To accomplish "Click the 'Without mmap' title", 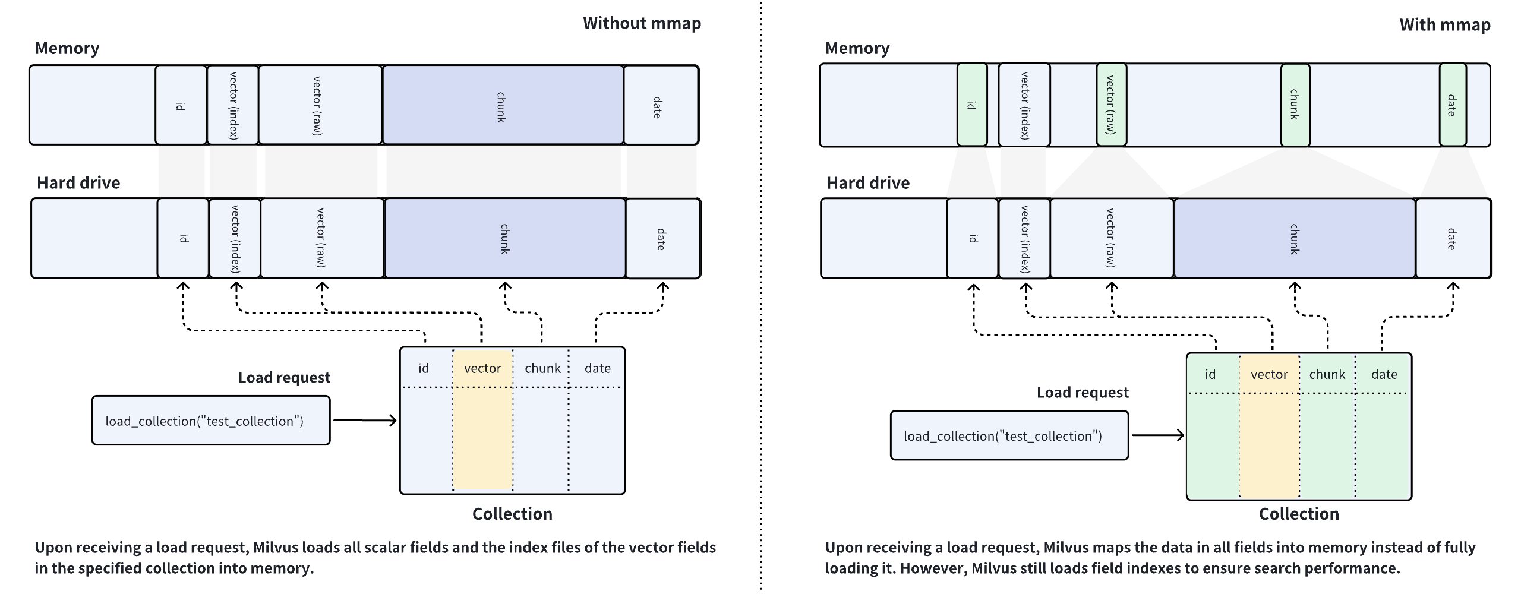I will [642, 23].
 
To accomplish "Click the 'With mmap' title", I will [1444, 25].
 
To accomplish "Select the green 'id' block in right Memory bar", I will [972, 105].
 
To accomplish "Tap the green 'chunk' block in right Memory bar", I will [1295, 105].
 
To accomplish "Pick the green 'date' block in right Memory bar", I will [1452, 105].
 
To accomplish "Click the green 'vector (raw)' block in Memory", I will [1110, 105].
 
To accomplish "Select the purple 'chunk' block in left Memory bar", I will [503, 105].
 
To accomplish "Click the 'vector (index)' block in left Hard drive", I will [235, 238].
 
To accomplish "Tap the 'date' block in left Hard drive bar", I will [662, 238].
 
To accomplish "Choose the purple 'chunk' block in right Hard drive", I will [1294, 238].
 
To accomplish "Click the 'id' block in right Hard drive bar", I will [972, 238].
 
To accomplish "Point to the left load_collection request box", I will [211, 421].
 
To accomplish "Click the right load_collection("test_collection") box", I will [1009, 435].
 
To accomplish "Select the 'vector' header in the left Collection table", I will [482, 368].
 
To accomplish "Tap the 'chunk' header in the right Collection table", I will [1327, 374].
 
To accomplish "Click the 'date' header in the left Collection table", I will [597, 368].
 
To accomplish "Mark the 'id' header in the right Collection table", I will [1210, 374].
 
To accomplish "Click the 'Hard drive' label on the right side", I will [867, 183].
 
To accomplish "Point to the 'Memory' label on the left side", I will [67, 48].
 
